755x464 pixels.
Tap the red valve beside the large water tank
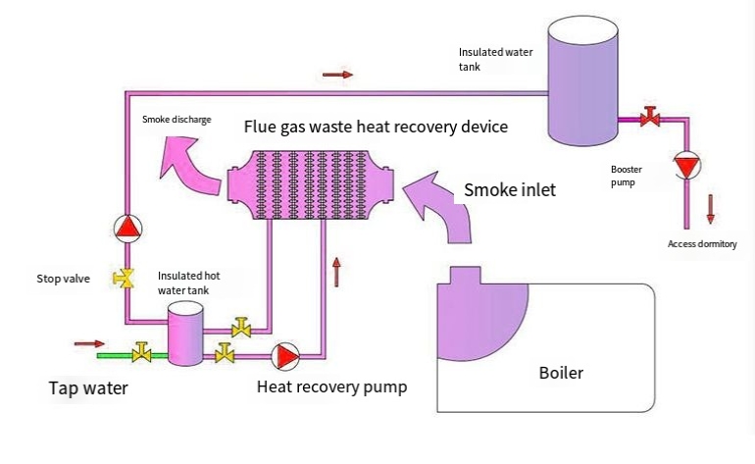point(648,120)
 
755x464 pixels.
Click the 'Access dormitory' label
point(701,244)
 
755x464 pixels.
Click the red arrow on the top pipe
point(336,75)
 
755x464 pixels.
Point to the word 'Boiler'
point(561,373)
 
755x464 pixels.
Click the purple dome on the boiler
point(480,314)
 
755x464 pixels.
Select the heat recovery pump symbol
point(285,354)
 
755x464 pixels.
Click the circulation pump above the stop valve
point(126,229)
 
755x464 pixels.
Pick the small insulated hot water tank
point(183,334)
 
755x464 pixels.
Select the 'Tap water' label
point(88,388)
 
